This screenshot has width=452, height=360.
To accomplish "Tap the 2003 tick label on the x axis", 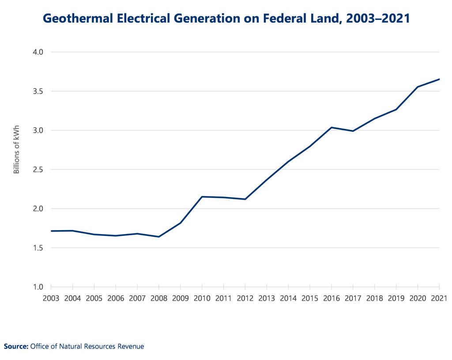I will (51, 298).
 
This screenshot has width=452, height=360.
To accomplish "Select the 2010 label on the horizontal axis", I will (202, 298).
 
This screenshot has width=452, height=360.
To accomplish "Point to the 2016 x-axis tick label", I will (331, 298).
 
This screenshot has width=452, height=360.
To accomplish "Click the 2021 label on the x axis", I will (439, 298).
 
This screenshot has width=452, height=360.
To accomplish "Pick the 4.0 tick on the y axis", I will (39, 52).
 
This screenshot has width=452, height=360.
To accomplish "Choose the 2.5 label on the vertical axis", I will (39, 170).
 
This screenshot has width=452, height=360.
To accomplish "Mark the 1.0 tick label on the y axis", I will (39, 287).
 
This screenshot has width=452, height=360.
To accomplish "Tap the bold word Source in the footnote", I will (16, 346).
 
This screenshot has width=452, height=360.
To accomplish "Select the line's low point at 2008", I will (159, 237).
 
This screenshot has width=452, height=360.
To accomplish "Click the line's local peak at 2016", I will (331, 127).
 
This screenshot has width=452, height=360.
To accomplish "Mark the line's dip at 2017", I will (353, 131).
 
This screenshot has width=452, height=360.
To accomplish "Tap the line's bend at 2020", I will (418, 87).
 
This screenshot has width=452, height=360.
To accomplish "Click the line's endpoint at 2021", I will (439, 79).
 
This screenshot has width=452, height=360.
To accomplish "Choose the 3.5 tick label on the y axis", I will (39, 91).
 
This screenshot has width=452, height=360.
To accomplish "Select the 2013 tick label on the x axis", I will (267, 298).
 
